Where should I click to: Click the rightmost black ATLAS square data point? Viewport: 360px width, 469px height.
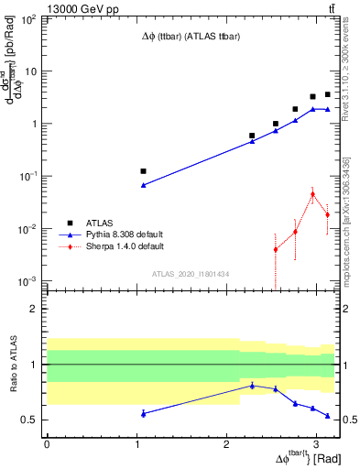click(328, 94)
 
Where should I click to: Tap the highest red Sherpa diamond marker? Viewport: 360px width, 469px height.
click(312, 194)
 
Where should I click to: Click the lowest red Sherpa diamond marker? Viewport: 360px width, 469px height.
click(276, 249)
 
